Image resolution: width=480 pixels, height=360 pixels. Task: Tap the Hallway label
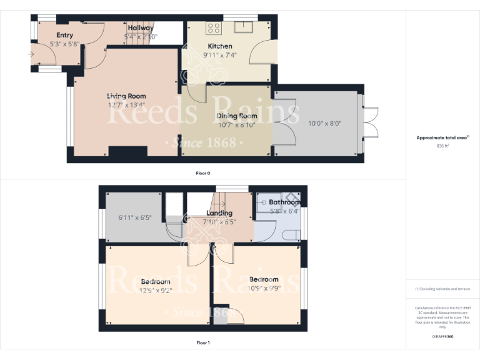pyautogui.click(x=141, y=28)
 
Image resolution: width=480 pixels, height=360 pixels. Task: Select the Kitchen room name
pyautogui.click(x=220, y=46)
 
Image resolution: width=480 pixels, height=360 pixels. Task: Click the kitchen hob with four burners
pyautogui.click(x=214, y=27)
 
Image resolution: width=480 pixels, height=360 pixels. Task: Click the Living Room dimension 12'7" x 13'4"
pyautogui.click(x=126, y=105)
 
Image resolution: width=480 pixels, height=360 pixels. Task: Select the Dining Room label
pyautogui.click(x=237, y=116)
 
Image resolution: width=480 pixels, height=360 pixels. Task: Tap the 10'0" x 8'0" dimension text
pyautogui.click(x=325, y=124)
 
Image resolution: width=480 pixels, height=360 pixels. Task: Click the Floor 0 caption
pyautogui.click(x=203, y=172)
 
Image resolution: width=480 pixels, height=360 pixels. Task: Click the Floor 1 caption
pyautogui.click(x=203, y=342)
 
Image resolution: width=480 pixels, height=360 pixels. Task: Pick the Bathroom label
pyautogui.click(x=284, y=202)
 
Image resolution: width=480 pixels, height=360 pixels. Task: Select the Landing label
pyautogui.click(x=219, y=213)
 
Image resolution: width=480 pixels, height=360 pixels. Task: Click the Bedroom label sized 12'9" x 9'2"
pyautogui.click(x=156, y=282)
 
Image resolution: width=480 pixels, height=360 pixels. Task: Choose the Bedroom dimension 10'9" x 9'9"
pyautogui.click(x=264, y=288)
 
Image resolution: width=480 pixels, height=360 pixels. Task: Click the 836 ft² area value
pyautogui.click(x=442, y=146)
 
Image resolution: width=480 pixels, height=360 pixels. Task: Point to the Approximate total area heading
pyautogui.click(x=442, y=137)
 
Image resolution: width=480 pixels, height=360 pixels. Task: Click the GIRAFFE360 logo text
pyautogui.click(x=442, y=337)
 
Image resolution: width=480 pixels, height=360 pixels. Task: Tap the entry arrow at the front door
pyautogui.click(x=31, y=54)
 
